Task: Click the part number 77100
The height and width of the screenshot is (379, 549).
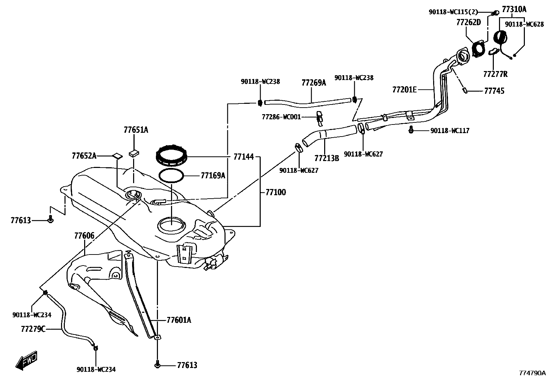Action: click(276, 192)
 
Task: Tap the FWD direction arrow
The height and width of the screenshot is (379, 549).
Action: click(26, 360)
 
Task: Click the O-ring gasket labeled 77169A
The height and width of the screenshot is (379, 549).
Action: click(171, 175)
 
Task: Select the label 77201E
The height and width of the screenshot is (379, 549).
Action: click(405, 90)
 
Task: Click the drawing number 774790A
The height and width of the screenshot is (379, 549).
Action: click(533, 373)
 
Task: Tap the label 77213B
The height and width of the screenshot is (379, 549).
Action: click(327, 158)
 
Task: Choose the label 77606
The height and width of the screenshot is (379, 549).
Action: click(84, 236)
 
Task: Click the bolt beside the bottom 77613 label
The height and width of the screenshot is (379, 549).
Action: click(158, 365)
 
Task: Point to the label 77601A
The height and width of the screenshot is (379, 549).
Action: click(179, 320)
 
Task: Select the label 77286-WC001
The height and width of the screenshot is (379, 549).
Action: click(281, 117)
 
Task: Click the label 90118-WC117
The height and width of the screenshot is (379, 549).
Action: click(450, 131)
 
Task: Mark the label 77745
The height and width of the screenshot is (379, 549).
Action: click(494, 91)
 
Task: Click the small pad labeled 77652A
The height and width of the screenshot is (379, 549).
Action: click(117, 156)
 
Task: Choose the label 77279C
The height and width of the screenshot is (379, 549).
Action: click(33, 329)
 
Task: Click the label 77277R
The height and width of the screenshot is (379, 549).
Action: click(495, 74)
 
